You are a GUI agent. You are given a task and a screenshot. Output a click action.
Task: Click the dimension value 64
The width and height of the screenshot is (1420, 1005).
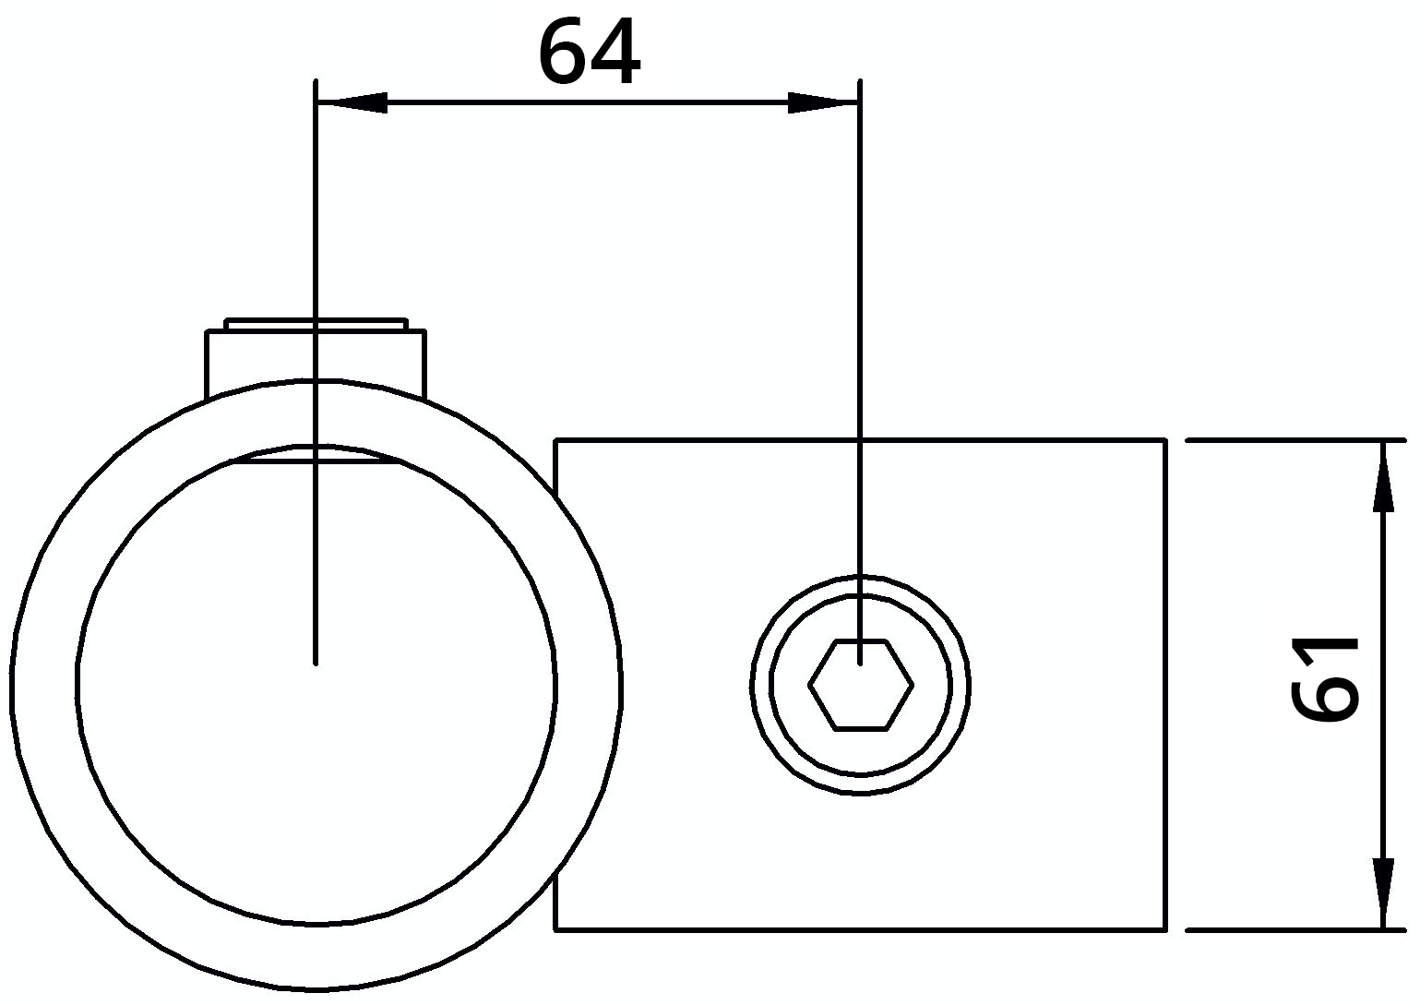[x=588, y=53]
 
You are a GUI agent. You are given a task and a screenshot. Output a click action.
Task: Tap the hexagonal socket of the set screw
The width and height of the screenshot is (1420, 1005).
[x=861, y=685]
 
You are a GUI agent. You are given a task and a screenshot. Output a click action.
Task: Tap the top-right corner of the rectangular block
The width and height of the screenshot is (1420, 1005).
[x=1165, y=441]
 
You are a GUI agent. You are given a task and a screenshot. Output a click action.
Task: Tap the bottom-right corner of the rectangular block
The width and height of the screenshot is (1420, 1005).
[x=1165, y=928]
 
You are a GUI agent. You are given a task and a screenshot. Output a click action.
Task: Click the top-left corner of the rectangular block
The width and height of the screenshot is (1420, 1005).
[x=555, y=441]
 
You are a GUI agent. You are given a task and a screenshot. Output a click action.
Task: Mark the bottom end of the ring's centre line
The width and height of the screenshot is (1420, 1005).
[x=316, y=661]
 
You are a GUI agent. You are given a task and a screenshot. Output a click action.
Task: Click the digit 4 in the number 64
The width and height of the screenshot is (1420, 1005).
[x=615, y=53]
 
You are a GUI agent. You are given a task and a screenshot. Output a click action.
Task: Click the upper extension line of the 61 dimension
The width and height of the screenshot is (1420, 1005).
[x=1292, y=441]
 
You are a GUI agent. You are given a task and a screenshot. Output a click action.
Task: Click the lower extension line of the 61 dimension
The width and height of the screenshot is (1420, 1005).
[x=1292, y=929]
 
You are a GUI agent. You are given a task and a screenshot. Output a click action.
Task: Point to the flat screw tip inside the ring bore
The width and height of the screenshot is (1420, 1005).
[x=316, y=454]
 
